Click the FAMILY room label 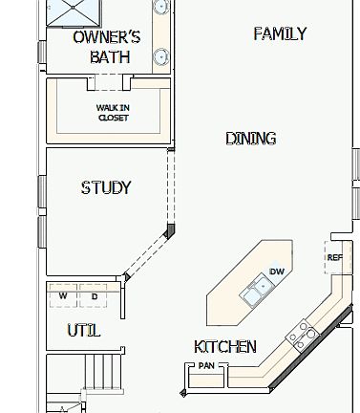(x=280, y=33)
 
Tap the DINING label (x=250, y=139)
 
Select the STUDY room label (x=106, y=187)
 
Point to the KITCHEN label (x=224, y=346)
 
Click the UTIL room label (x=83, y=331)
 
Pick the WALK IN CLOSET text (x=113, y=113)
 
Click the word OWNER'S (x=107, y=37)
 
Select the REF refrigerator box (x=334, y=257)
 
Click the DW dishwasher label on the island (x=277, y=272)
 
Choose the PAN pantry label (x=205, y=366)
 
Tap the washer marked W (x=63, y=296)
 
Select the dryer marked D (x=94, y=296)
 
